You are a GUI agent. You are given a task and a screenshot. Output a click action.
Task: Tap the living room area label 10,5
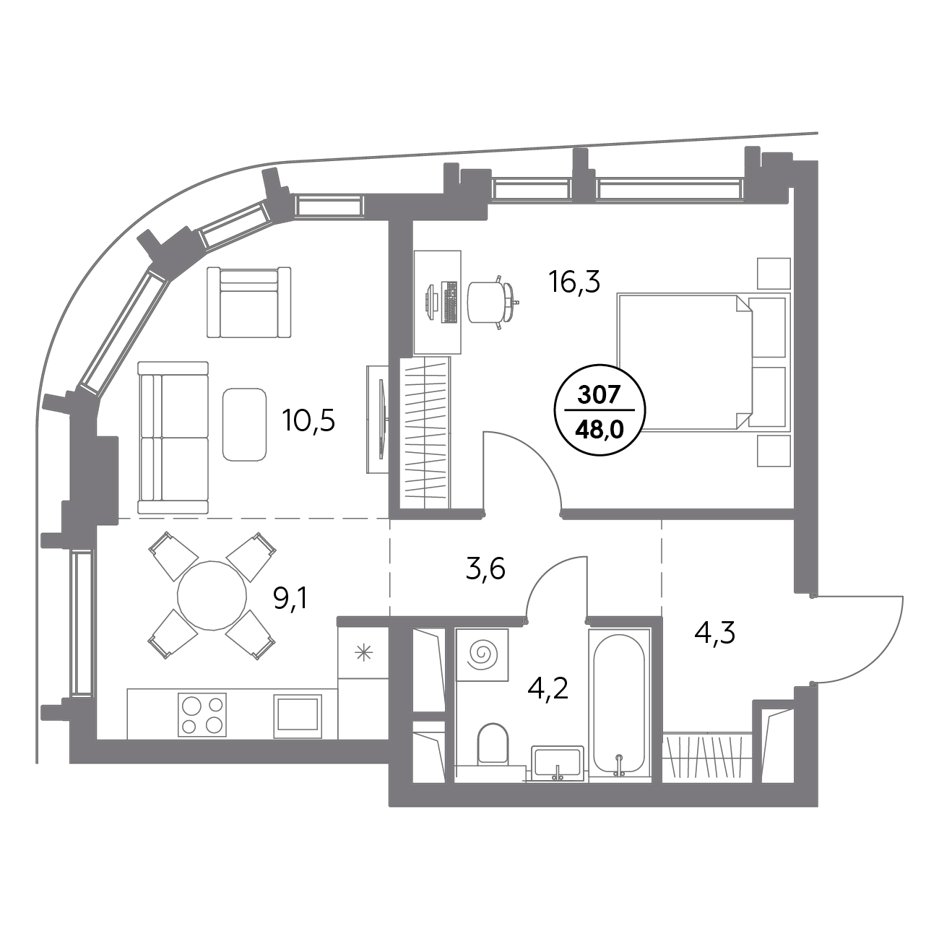point(310,420)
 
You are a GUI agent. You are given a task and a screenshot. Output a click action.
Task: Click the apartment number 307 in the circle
point(599,395)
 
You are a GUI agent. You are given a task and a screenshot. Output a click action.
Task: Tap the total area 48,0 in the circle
point(599,430)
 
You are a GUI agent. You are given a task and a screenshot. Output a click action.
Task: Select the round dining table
point(211,595)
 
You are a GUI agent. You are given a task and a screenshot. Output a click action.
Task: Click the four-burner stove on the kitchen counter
point(202,714)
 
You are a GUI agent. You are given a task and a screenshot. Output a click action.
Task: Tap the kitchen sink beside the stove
point(297,715)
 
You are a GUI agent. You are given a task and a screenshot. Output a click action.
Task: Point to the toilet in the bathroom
point(494,744)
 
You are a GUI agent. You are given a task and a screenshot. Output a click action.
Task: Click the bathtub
point(618,704)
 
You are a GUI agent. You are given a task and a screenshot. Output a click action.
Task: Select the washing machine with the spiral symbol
point(483,654)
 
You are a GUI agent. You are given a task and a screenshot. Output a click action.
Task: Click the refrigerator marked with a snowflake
point(363,653)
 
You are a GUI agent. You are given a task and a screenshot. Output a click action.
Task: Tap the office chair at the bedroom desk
point(489,301)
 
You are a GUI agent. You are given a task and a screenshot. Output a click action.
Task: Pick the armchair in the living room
point(248,302)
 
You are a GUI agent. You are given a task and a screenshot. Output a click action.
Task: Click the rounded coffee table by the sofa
point(244,424)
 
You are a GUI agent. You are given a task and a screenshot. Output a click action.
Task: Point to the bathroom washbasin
point(557,763)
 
